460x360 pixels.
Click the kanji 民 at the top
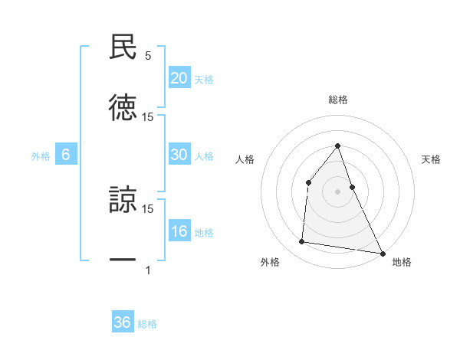(123, 47)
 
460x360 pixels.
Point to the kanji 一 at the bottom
(123, 260)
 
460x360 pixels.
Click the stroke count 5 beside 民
(148, 56)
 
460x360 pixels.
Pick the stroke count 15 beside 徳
(148, 117)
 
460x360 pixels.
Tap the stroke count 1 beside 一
(148, 270)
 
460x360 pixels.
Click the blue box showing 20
(179, 77)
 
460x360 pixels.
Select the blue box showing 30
(179, 154)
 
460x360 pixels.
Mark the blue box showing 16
(179, 231)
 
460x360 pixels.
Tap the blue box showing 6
(65, 154)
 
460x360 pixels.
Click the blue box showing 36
(123, 322)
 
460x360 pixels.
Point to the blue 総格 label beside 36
(147, 324)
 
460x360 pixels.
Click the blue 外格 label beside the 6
(41, 155)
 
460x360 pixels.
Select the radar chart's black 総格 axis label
(337, 100)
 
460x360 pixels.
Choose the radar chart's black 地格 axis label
(402, 262)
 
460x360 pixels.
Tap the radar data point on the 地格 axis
(382, 252)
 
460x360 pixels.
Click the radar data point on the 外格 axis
(302, 242)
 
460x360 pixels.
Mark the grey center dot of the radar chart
(337, 191)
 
